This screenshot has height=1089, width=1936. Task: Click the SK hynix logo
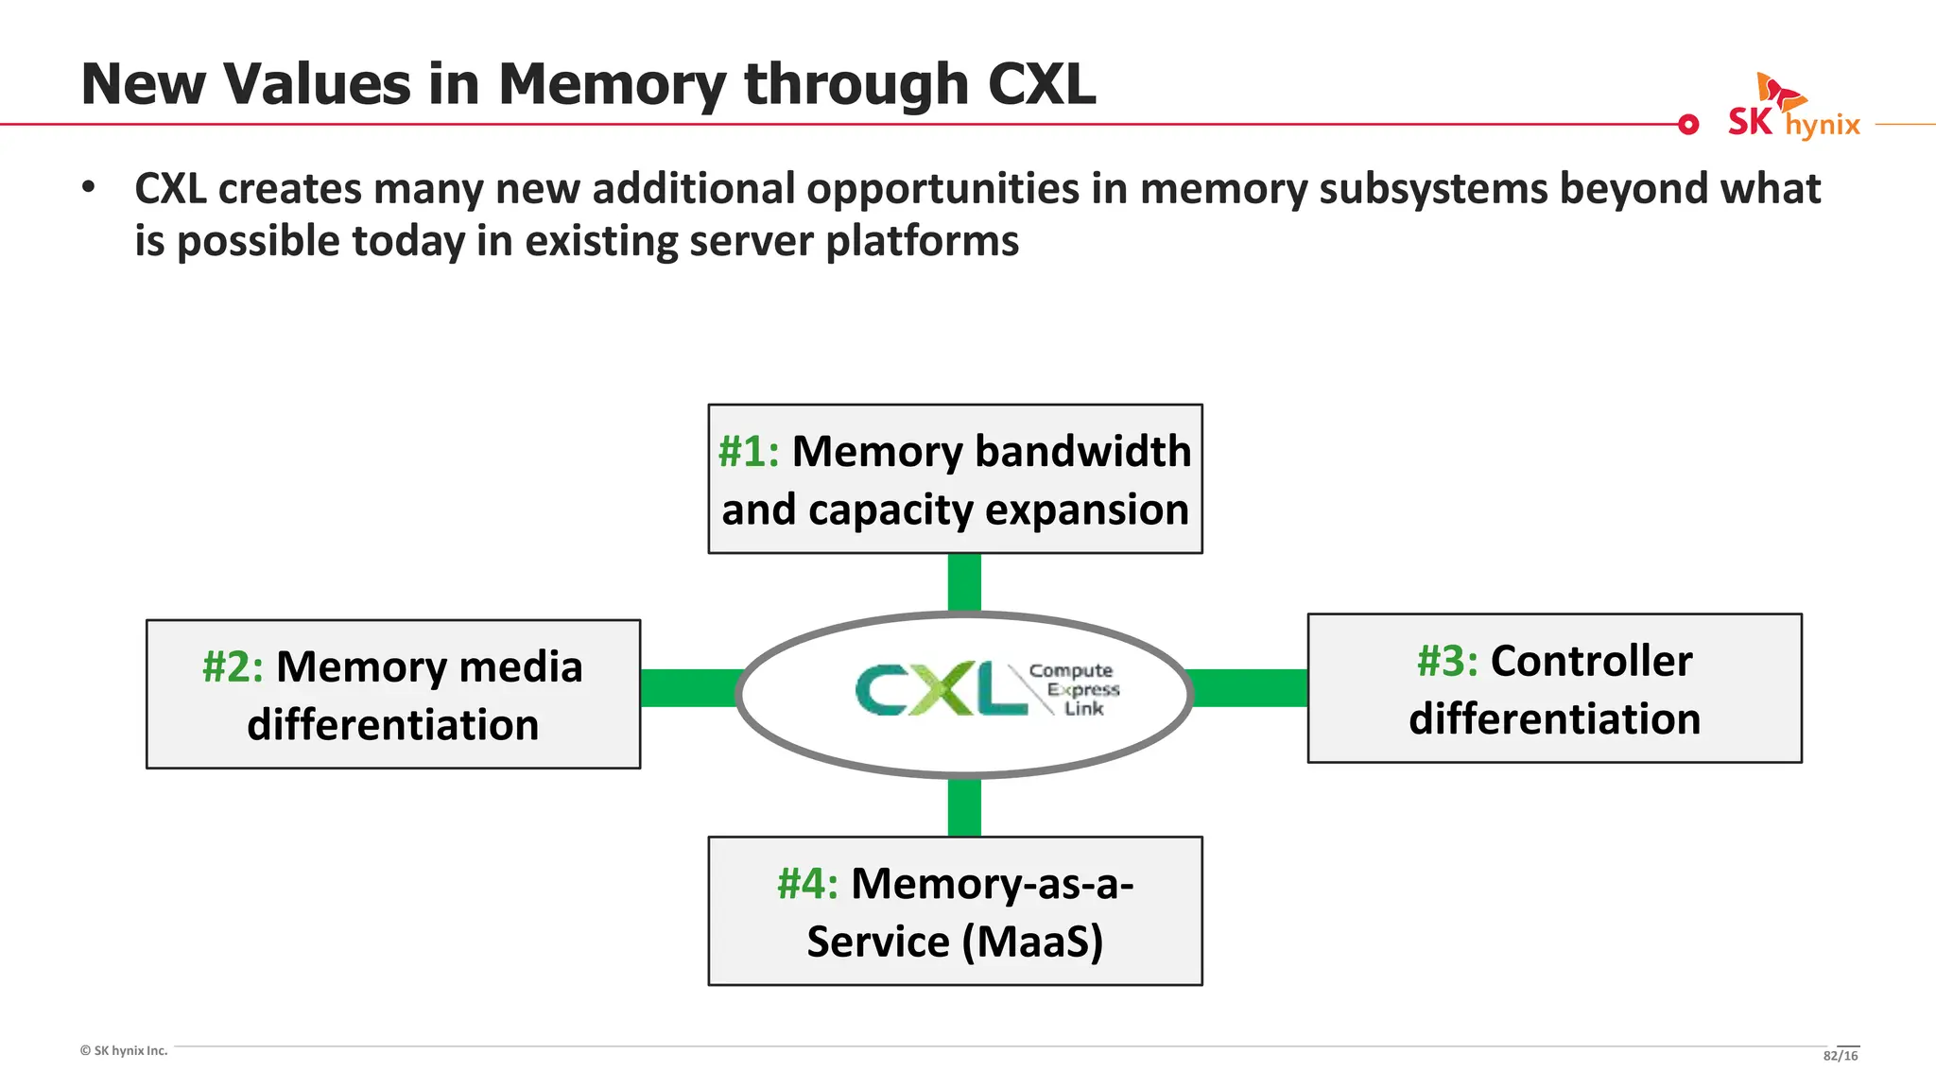1792,110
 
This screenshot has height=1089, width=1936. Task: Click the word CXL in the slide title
1041,84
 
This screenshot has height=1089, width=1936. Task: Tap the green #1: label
748,452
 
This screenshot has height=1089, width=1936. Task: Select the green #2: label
232,667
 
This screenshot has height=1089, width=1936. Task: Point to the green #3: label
1446,662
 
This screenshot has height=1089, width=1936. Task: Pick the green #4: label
806,885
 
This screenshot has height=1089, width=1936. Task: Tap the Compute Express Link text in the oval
1076,689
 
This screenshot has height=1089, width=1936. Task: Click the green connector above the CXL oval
963,582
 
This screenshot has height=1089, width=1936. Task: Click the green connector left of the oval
689,688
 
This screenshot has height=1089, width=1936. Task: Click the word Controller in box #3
1591,662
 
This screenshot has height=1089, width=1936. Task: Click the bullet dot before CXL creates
89,187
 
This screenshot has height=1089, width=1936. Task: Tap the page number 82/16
1840,1056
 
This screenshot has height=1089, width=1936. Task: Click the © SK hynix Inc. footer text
124,1051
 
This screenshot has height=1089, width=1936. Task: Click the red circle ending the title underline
1687,125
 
